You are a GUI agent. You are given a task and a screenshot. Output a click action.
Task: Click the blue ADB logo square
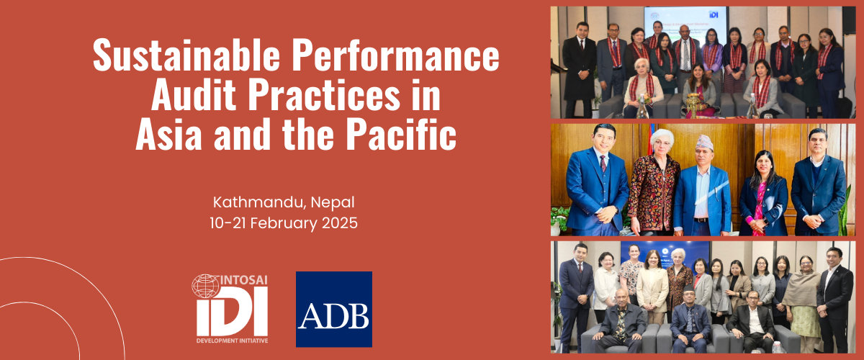point(333,309)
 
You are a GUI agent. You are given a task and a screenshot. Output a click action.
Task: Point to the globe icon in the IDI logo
point(205,286)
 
